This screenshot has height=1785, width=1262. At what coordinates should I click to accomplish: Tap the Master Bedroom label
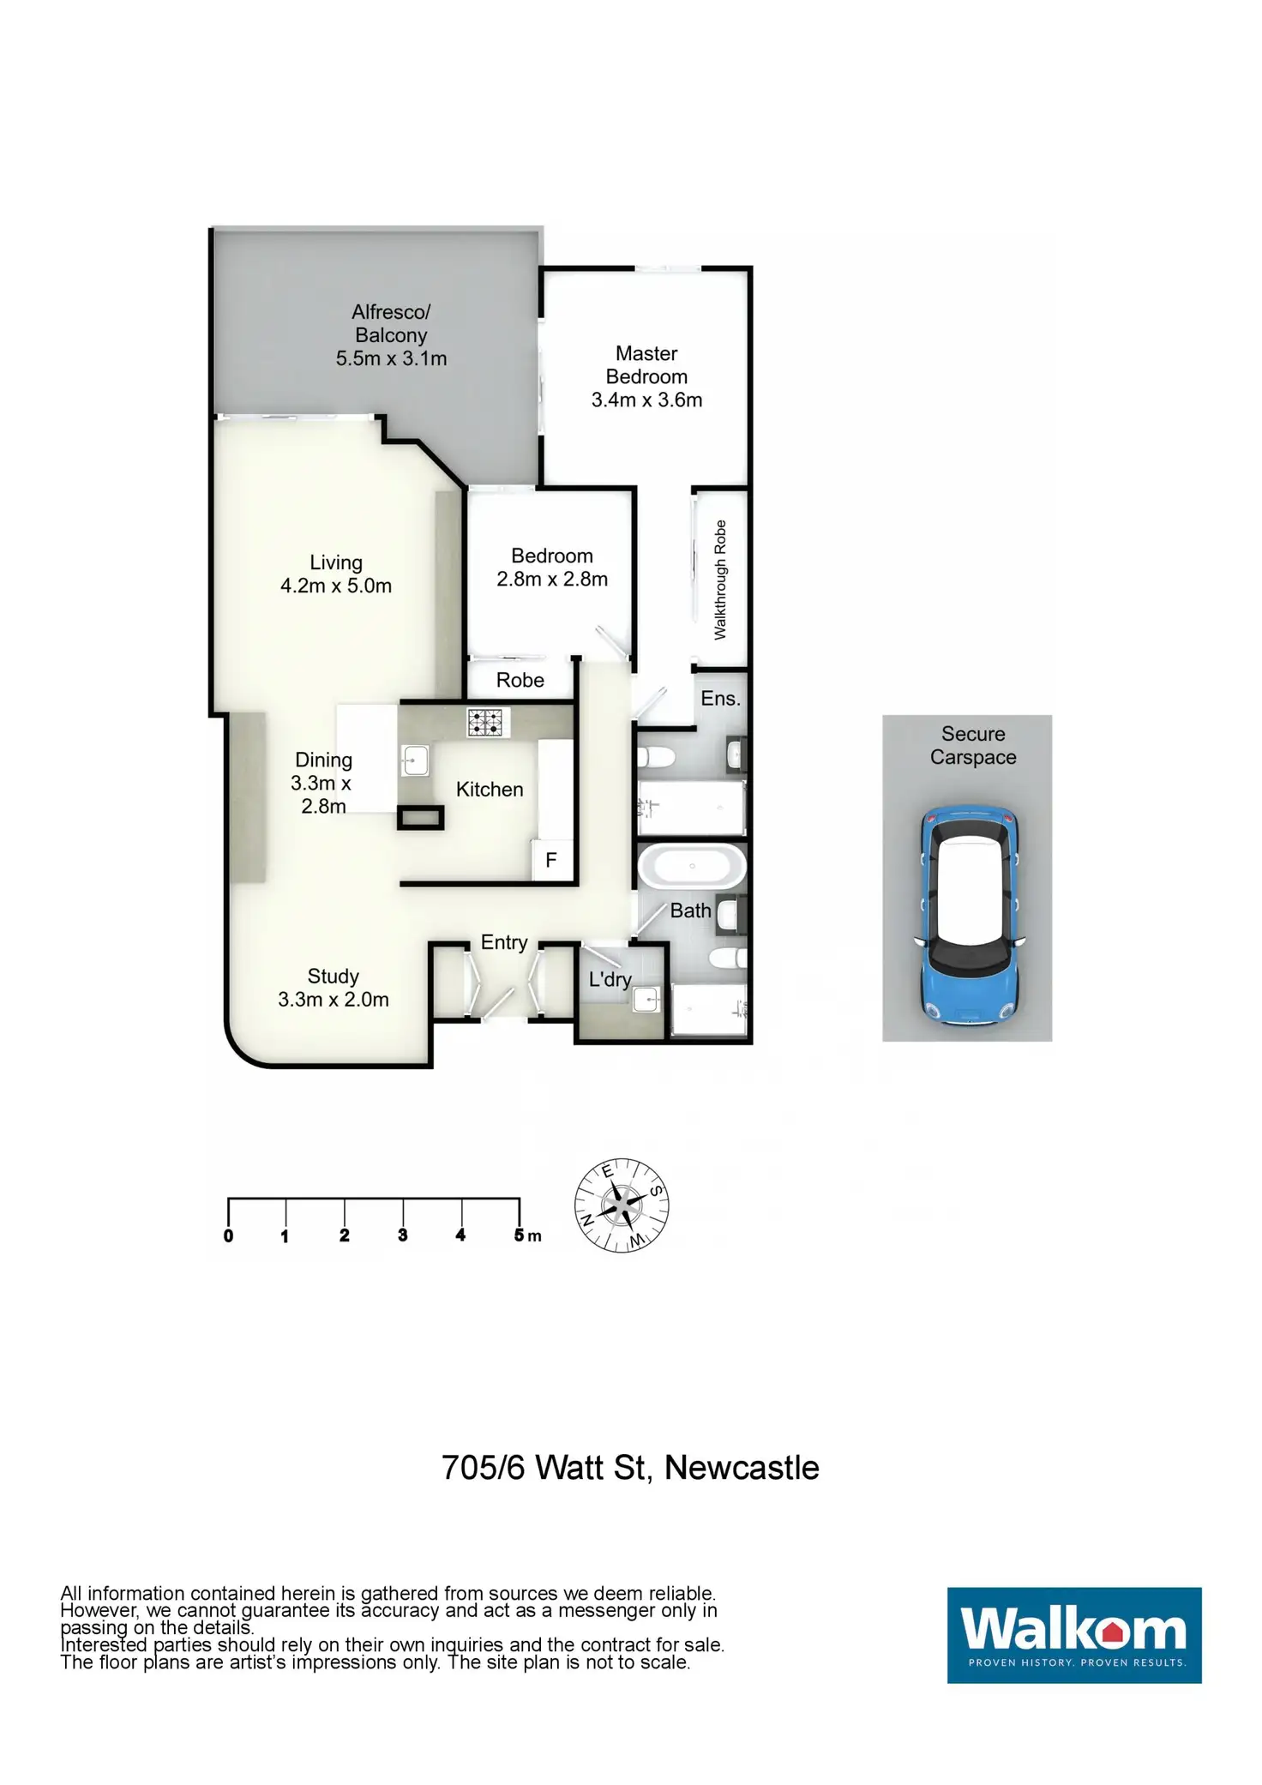click(x=646, y=365)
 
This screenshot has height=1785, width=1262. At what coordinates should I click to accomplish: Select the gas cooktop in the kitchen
click(x=488, y=722)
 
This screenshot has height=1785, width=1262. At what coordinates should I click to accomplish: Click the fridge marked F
click(x=551, y=860)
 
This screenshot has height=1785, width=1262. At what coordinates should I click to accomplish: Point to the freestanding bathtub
click(x=692, y=867)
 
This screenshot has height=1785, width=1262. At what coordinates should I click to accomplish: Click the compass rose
click(x=622, y=1205)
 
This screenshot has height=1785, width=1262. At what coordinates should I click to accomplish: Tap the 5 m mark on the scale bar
click(x=520, y=1235)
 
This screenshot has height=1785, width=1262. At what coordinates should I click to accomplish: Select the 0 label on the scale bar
click(x=228, y=1236)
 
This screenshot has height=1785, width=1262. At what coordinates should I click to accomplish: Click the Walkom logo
click(x=1073, y=1635)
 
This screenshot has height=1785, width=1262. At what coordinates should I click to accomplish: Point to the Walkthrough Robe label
click(x=720, y=580)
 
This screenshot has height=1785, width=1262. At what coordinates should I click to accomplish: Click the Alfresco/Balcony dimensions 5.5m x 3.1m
click(x=391, y=359)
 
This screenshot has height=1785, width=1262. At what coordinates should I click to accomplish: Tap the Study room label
click(x=334, y=977)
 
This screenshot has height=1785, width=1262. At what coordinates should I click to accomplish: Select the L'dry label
click(x=610, y=979)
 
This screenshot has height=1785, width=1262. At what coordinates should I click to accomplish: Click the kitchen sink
click(x=415, y=760)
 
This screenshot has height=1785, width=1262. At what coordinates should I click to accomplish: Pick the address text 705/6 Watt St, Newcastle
click(x=630, y=1468)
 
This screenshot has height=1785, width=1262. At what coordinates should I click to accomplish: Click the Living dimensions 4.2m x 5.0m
click(x=336, y=586)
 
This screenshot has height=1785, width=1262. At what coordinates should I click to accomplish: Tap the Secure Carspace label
click(x=973, y=745)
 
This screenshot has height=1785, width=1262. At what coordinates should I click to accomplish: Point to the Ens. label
click(x=720, y=699)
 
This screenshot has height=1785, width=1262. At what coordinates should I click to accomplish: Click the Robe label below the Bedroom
click(x=520, y=680)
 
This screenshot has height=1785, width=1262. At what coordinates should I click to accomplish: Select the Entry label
click(x=504, y=942)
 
